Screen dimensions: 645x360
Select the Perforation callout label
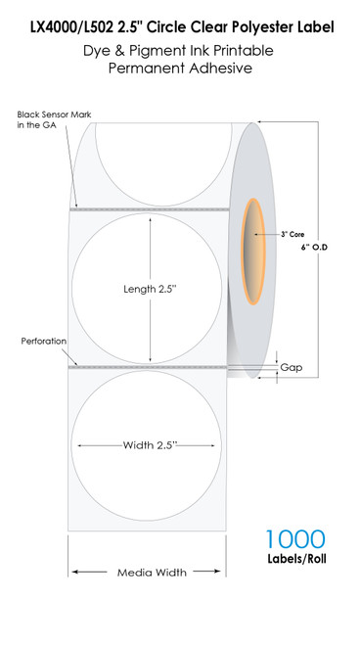43,342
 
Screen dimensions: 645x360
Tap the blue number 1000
294,539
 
